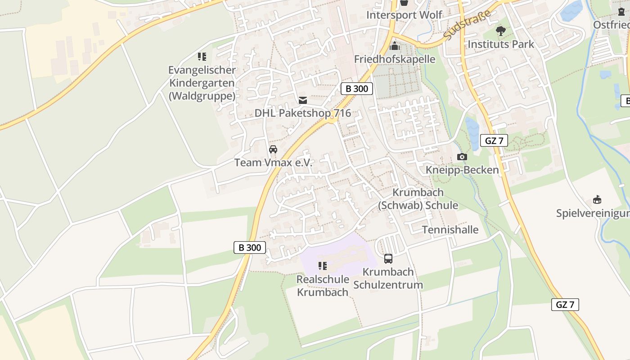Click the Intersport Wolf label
tap(404, 15)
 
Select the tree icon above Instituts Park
tap(500, 31)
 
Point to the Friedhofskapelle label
tap(395, 59)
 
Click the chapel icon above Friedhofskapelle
tap(395, 46)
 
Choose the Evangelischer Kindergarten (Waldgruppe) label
tap(202, 83)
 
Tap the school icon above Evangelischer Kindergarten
tap(202, 57)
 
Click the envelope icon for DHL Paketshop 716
tap(303, 100)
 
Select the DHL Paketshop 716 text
tap(303, 113)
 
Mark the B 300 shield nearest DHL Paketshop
tap(357, 89)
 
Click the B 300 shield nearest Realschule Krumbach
tap(250, 247)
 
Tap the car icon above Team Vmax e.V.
tap(273, 149)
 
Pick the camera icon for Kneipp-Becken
tap(462, 157)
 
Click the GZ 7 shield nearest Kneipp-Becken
tap(494, 140)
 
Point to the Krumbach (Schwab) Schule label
tap(418, 199)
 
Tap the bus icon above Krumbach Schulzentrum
tap(388, 259)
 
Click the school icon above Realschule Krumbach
tap(323, 266)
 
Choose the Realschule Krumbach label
tap(323, 286)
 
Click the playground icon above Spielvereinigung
tap(597, 200)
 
